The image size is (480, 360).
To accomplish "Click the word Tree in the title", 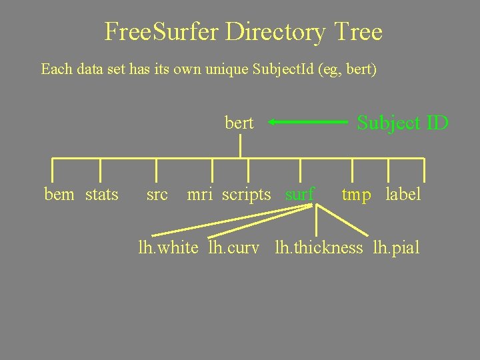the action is [x=359, y=32].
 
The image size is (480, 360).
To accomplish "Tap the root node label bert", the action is [x=239, y=123].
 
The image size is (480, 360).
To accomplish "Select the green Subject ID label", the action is [x=403, y=123].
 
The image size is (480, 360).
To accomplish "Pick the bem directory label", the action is [x=59, y=195].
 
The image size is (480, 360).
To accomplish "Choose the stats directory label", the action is [x=102, y=195].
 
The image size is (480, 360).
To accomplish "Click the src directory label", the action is [x=157, y=195].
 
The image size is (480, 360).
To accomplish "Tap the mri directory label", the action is [x=200, y=195].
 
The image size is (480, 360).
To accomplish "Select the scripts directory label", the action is [x=247, y=195].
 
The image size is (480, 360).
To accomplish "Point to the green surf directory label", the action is [x=299, y=195].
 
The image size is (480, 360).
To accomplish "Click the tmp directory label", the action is [x=357, y=195].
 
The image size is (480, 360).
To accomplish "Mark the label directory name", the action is [x=403, y=195].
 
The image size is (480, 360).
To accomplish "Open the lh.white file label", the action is [x=168, y=248].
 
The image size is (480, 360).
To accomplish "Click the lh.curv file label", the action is [x=233, y=248].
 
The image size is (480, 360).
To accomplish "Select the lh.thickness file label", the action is [x=319, y=248].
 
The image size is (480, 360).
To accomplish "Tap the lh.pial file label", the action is [x=396, y=248].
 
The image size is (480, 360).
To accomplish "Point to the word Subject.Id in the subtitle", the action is [x=279, y=69].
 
